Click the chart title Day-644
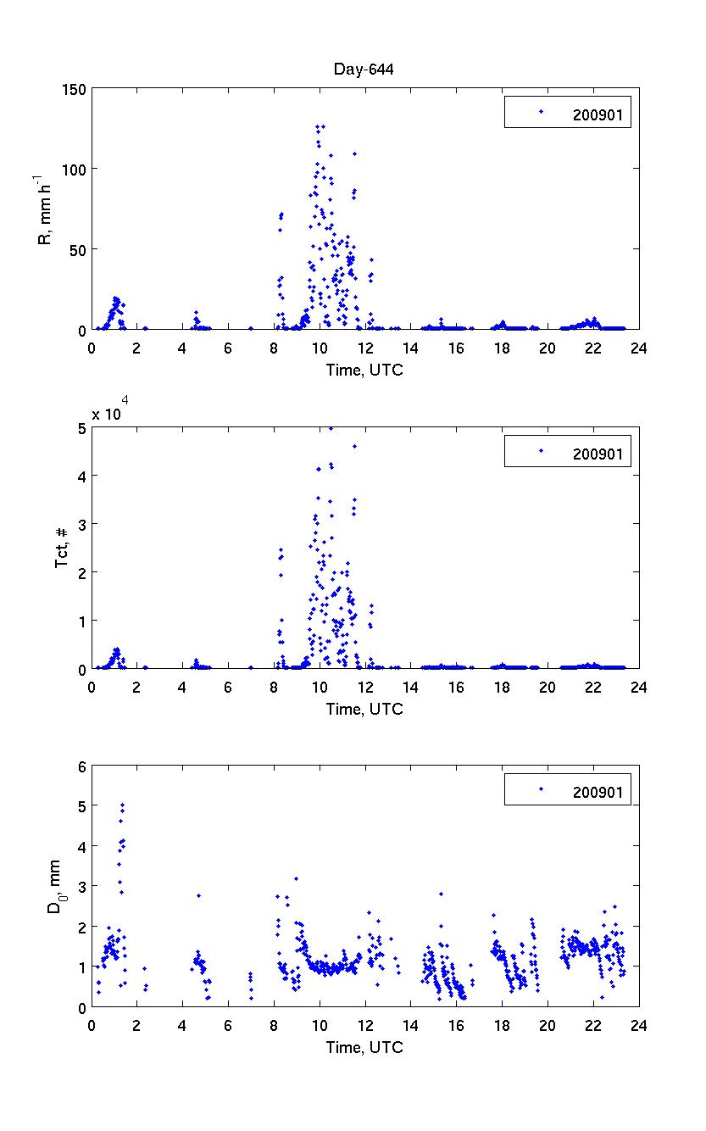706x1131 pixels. click(364, 70)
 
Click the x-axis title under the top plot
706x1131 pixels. click(364, 370)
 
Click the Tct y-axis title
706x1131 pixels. click(61, 548)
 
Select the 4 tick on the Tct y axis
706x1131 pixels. click(81, 476)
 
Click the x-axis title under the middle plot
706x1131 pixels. click(364, 709)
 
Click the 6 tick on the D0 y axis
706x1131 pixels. click(81, 766)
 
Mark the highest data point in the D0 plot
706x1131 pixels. click(123, 805)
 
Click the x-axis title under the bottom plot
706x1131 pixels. click(364, 1047)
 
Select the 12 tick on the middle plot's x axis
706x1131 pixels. click(365, 688)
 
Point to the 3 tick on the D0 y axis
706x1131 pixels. click(81, 887)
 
